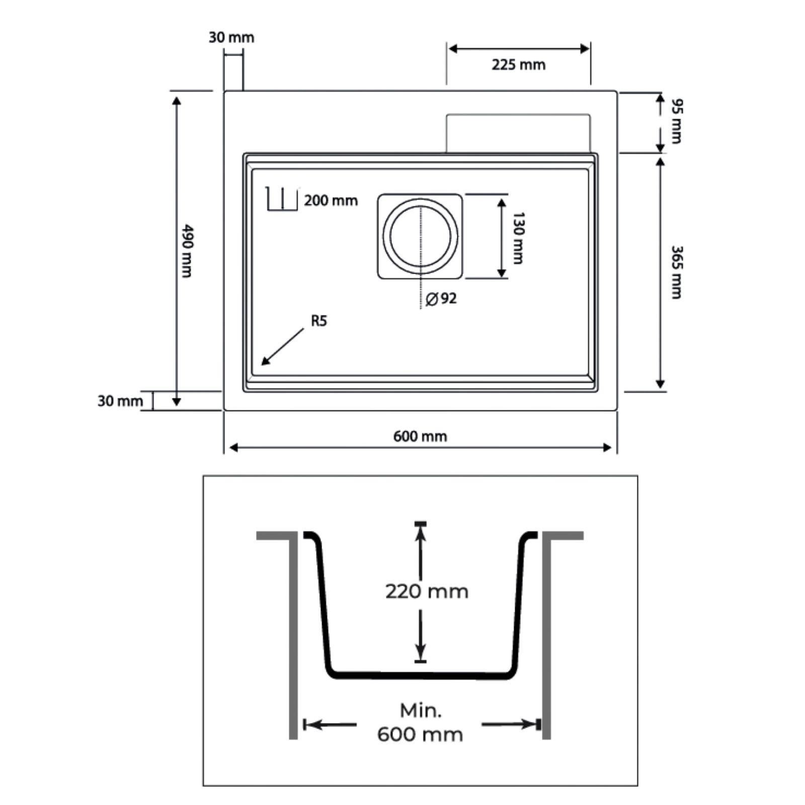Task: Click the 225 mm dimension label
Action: pyautogui.click(x=518, y=65)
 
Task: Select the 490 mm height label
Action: pyautogui.click(x=187, y=250)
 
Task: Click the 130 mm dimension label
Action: pyautogui.click(x=518, y=238)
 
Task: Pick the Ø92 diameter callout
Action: pyautogui.click(x=441, y=299)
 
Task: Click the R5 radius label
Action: pyautogui.click(x=319, y=320)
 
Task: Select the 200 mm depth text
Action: pyautogui.click(x=331, y=201)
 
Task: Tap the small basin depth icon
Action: pyautogui.click(x=282, y=199)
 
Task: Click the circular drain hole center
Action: pyautogui.click(x=420, y=235)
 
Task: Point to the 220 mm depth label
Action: pyautogui.click(x=427, y=591)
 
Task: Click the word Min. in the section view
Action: pyautogui.click(x=421, y=711)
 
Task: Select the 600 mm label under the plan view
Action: pyautogui.click(x=420, y=436)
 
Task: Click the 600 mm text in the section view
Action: pyautogui.click(x=420, y=735)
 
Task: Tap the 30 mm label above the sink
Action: pyautogui.click(x=231, y=38)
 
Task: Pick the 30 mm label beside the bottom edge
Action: pyautogui.click(x=120, y=401)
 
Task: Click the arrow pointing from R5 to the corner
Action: pyautogui.click(x=283, y=347)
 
